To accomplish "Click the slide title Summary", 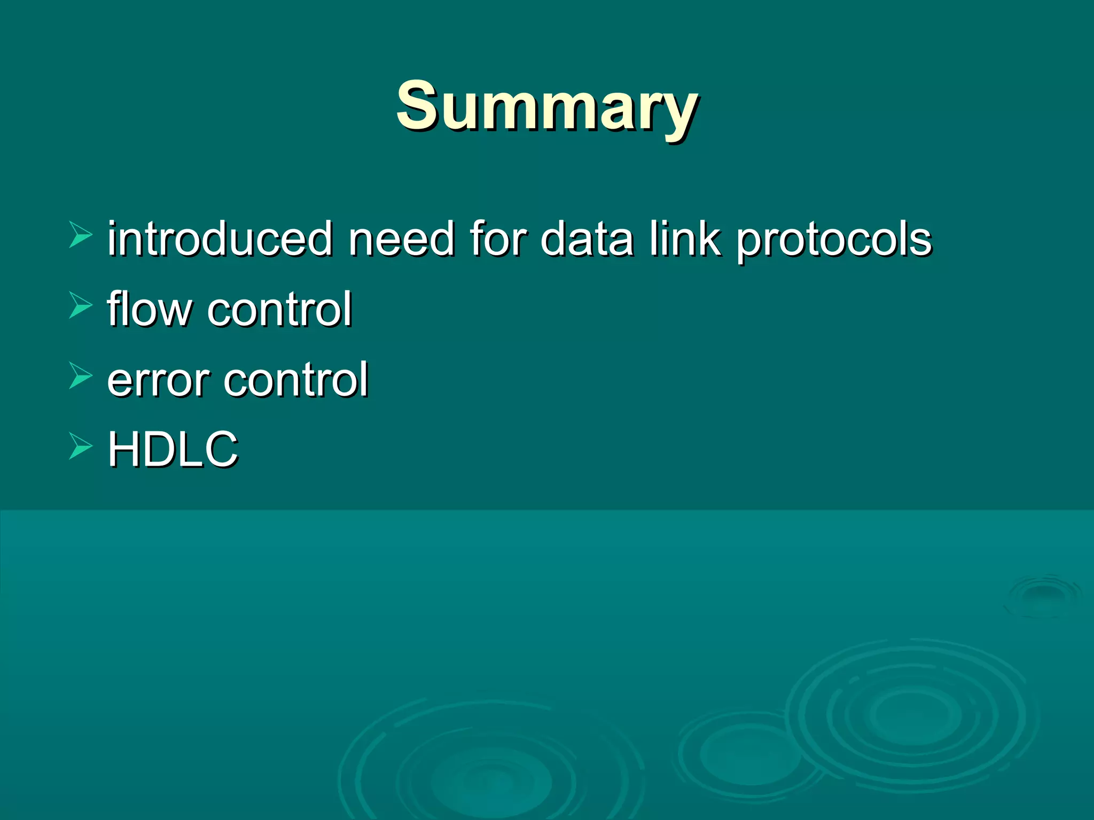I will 546,106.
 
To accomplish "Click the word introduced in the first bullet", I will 220,239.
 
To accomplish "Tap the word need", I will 401,239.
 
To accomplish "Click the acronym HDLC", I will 173,449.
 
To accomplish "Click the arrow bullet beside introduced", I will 81,235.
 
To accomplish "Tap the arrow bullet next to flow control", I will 81,306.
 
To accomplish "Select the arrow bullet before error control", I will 81,376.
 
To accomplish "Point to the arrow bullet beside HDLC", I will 81,446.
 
